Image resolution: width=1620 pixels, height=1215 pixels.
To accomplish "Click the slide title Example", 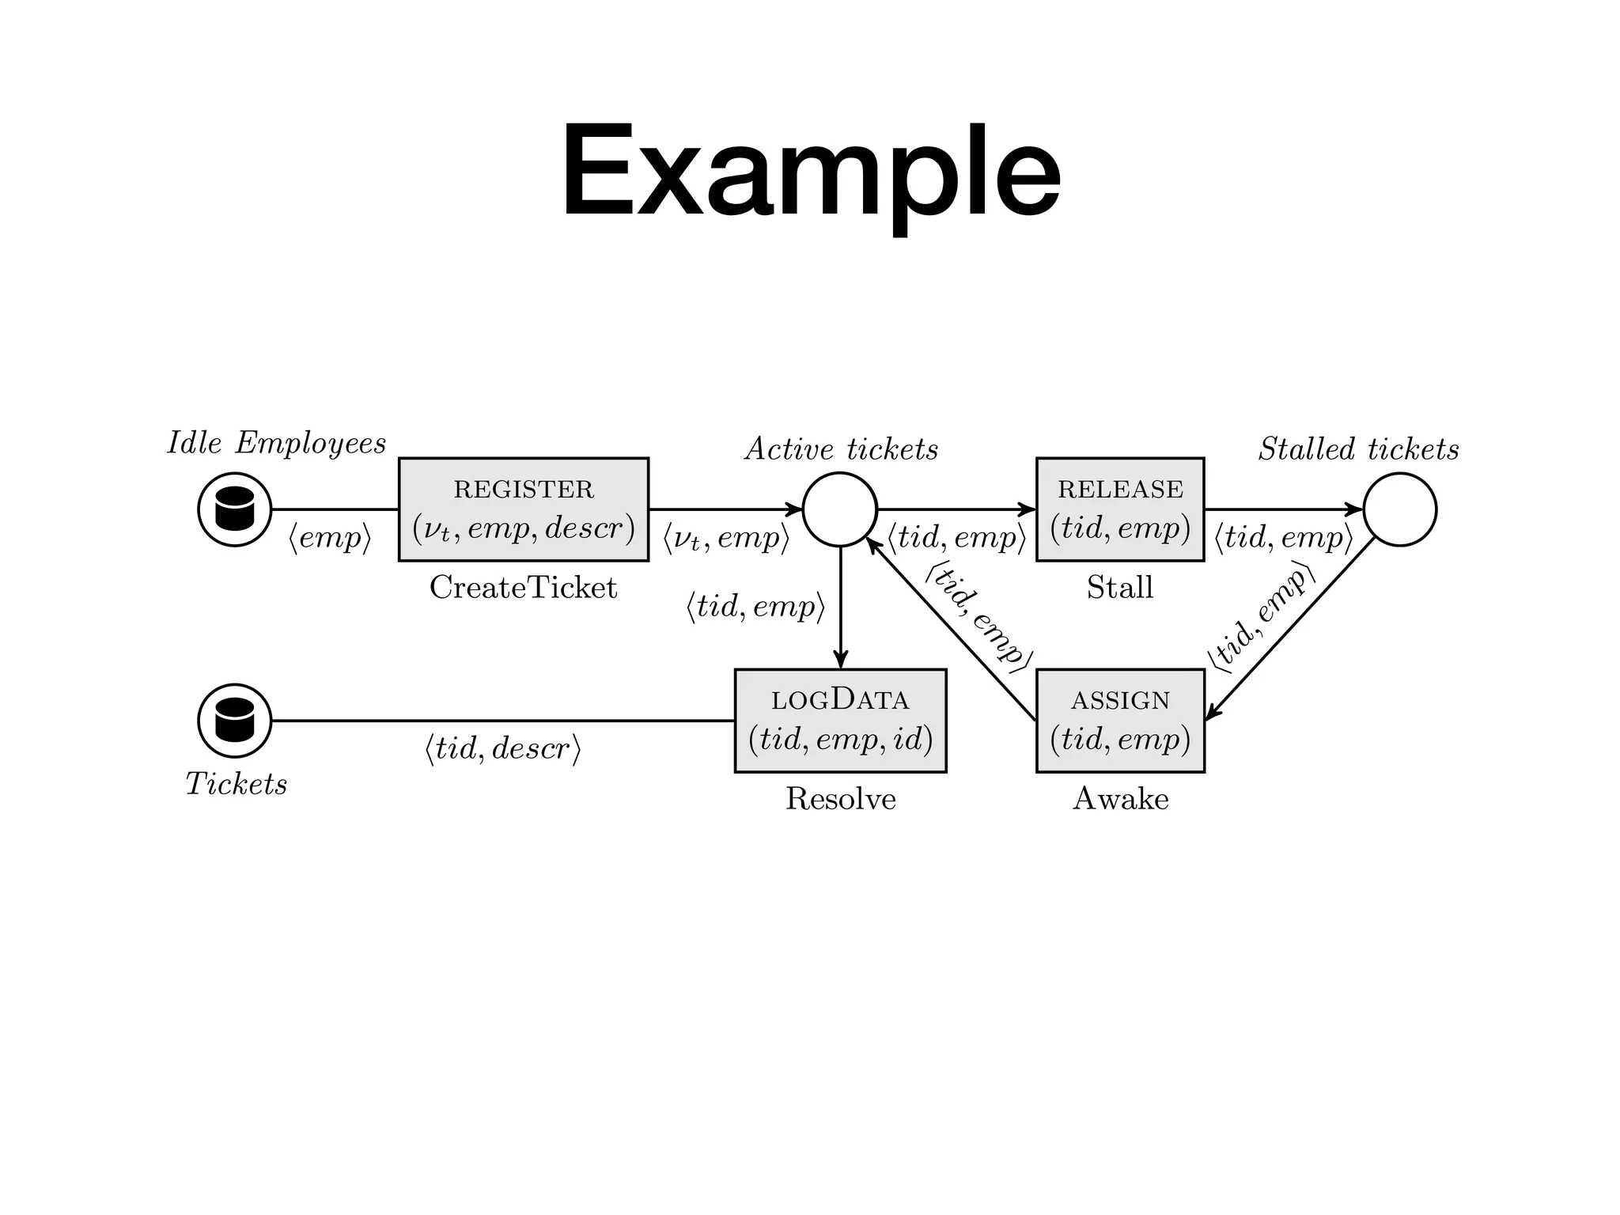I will (x=810, y=172).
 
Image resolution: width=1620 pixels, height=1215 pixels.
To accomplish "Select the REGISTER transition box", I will (x=523, y=509).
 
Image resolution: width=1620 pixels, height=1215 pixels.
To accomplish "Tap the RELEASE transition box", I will (x=1120, y=509).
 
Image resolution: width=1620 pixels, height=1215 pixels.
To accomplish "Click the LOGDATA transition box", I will (x=840, y=721).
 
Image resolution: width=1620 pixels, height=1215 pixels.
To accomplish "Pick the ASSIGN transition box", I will (x=1120, y=721).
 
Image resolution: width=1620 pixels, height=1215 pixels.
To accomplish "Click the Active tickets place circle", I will (x=840, y=509).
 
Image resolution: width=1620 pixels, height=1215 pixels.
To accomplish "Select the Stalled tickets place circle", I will (x=1399, y=509).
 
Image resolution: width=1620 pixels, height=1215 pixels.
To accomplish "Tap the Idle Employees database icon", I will (x=234, y=509).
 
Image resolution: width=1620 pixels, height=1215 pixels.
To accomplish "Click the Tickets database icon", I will (x=234, y=721).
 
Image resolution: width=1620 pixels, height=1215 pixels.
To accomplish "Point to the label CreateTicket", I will (x=523, y=588).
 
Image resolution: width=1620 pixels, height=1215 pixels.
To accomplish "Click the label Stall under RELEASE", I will (x=1120, y=588).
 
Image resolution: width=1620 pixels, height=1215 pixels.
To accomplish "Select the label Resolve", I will (x=840, y=799).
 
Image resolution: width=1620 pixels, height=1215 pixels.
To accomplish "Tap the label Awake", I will (x=1120, y=799).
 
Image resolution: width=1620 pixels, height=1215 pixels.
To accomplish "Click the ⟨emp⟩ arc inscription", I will (x=330, y=538).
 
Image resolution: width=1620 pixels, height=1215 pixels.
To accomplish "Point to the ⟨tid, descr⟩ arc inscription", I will (x=503, y=748).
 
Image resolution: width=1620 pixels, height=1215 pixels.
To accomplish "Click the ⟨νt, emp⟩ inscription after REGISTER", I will (x=726, y=538).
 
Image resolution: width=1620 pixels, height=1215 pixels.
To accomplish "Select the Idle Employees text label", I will (x=277, y=443).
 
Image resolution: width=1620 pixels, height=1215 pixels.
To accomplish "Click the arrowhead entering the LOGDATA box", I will (x=840, y=661).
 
